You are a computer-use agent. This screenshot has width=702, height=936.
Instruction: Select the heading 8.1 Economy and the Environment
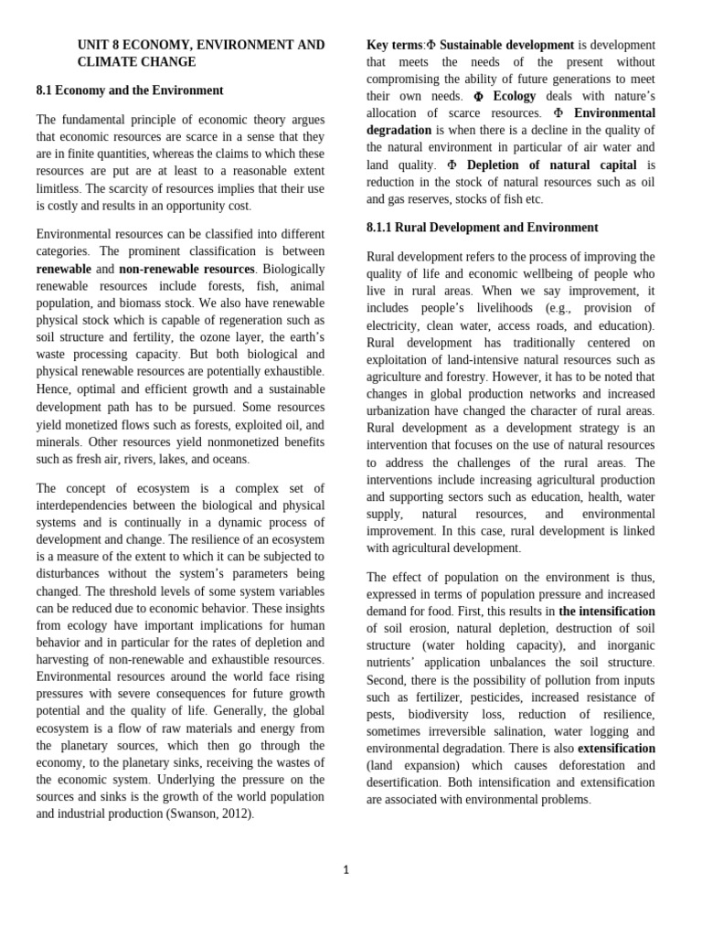pos(130,90)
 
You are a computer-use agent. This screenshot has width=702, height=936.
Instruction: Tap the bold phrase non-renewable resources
pos(187,269)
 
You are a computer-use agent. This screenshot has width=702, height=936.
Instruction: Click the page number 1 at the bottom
pos(346,869)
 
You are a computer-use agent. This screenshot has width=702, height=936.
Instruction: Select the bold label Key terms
pos(394,45)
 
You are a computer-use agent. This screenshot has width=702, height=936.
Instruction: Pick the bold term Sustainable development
pos(506,45)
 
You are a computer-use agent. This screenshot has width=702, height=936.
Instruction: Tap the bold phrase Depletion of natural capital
pos(551,165)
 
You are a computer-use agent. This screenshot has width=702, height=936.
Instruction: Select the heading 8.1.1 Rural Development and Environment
pos(482,228)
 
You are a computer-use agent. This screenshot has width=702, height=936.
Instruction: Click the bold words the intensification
pos(607,611)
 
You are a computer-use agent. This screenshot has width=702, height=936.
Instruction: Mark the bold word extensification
pos(616,748)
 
